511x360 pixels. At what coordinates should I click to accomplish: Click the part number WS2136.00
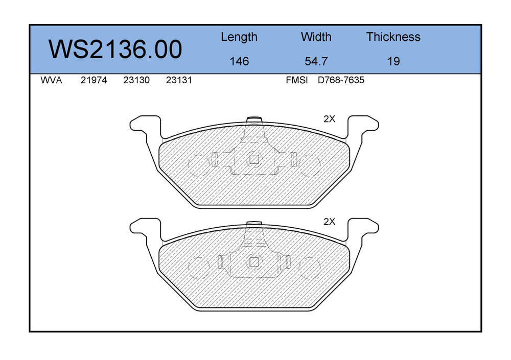click(x=115, y=49)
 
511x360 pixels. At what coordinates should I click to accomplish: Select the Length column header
click(x=239, y=37)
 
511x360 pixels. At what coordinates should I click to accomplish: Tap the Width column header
click(x=316, y=37)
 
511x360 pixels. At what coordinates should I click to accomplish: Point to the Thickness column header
click(x=393, y=37)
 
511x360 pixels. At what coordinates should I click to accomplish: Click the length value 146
click(x=239, y=61)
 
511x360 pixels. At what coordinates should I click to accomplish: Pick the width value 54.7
click(x=316, y=61)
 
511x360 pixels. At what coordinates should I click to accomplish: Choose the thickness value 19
click(x=393, y=61)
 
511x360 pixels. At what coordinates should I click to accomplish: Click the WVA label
click(x=51, y=80)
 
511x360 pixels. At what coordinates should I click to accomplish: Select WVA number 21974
click(x=94, y=80)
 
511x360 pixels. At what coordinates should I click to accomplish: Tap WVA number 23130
click(x=136, y=80)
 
